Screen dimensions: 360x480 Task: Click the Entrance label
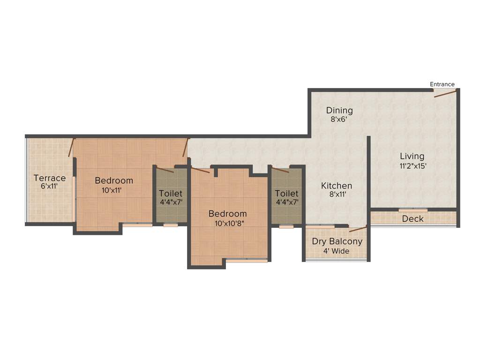click(x=442, y=84)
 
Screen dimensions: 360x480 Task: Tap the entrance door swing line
click(x=445, y=94)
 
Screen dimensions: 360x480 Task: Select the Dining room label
click(x=339, y=111)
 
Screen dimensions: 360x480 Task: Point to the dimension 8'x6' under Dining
click(x=339, y=120)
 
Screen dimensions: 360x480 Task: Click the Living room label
click(x=412, y=156)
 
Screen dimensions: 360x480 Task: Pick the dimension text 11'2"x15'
click(x=412, y=165)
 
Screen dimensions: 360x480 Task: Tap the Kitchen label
click(x=337, y=186)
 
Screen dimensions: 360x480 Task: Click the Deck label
click(x=412, y=218)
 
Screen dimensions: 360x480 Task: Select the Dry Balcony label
click(x=337, y=242)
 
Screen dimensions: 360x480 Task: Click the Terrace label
click(x=50, y=178)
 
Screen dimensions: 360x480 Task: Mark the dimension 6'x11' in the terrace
click(x=50, y=187)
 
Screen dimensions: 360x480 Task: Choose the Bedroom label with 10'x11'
click(x=114, y=180)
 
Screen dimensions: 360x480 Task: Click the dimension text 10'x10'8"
click(x=228, y=224)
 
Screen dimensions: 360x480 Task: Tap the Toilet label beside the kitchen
click(x=286, y=194)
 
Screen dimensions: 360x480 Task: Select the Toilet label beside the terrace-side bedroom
click(x=171, y=194)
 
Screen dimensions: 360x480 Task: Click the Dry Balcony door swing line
click(x=358, y=230)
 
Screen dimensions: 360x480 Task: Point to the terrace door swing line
click(x=71, y=147)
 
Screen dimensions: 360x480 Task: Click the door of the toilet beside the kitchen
click(x=280, y=170)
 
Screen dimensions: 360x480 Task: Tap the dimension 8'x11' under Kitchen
click(x=337, y=195)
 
